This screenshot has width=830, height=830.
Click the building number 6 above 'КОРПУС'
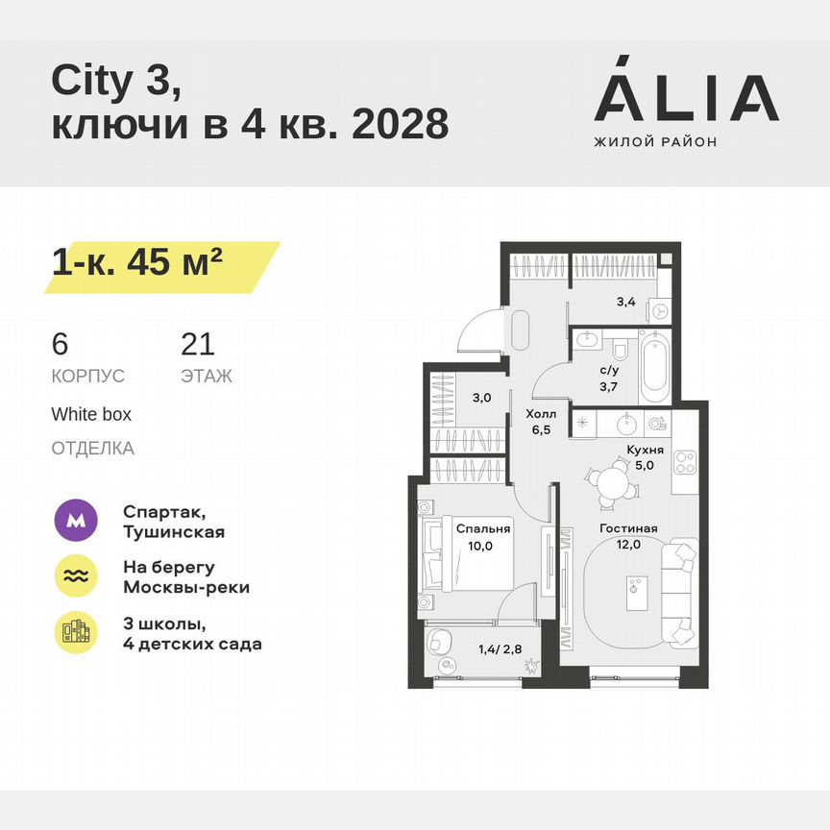tap(60, 344)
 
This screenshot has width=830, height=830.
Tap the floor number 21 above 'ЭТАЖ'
tap(197, 344)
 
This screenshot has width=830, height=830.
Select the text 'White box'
tap(91, 415)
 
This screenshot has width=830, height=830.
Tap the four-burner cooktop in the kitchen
tap(684, 462)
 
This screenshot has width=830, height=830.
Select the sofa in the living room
tap(685, 592)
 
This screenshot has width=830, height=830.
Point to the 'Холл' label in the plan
tap(538, 415)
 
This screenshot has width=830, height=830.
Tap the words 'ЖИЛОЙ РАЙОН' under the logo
tap(655, 142)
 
